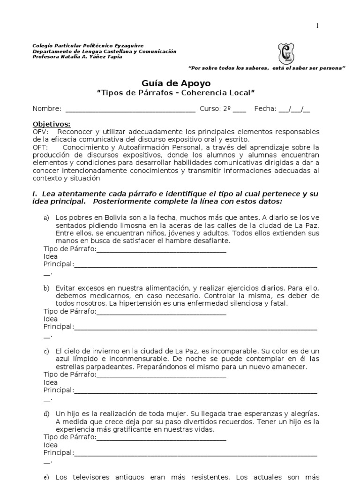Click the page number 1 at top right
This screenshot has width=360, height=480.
[x=317, y=26]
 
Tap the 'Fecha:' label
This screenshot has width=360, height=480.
[x=265, y=109]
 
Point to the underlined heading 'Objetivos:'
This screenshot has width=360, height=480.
[x=52, y=124]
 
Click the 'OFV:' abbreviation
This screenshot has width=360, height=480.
[x=40, y=132]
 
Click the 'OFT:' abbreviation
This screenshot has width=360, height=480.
[x=40, y=147]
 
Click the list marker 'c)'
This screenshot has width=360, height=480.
[x=46, y=351]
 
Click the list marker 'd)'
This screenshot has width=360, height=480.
[x=46, y=413]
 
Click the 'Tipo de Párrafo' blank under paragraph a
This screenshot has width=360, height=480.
[x=161, y=249]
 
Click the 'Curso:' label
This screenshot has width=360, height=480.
[x=210, y=109]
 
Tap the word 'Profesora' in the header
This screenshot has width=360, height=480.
[x=45, y=57]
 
